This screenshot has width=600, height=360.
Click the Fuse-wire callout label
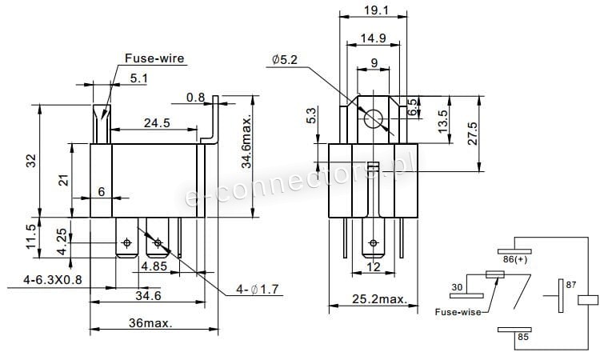click(154, 58)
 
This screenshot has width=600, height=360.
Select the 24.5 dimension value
click(157, 123)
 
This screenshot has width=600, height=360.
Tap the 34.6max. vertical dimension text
click(247, 142)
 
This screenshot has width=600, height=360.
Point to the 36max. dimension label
click(150, 323)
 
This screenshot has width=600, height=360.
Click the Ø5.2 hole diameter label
click(284, 60)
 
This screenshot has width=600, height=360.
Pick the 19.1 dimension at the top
click(376, 10)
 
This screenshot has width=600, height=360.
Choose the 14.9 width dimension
click(373, 38)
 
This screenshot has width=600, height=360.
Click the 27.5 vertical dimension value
click(473, 134)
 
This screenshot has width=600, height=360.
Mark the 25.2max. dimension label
click(379, 299)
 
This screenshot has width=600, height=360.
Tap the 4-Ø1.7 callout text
click(258, 290)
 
